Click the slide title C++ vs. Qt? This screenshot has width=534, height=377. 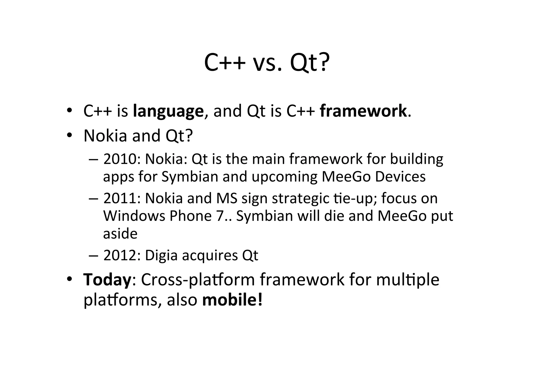coord(267,63)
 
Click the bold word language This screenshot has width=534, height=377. coord(168,111)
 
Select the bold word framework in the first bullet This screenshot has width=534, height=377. coord(363,111)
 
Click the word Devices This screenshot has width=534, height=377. coord(400,177)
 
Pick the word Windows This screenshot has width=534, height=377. coord(134,216)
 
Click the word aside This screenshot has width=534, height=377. coord(120,233)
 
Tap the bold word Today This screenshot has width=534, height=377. coord(107,280)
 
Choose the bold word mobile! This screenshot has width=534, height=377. coord(232,300)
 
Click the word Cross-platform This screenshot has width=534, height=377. coord(198,280)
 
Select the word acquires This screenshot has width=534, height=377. coord(210,255)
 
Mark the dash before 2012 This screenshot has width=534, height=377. coord(93,255)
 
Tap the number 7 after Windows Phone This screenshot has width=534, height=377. coord(220,216)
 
